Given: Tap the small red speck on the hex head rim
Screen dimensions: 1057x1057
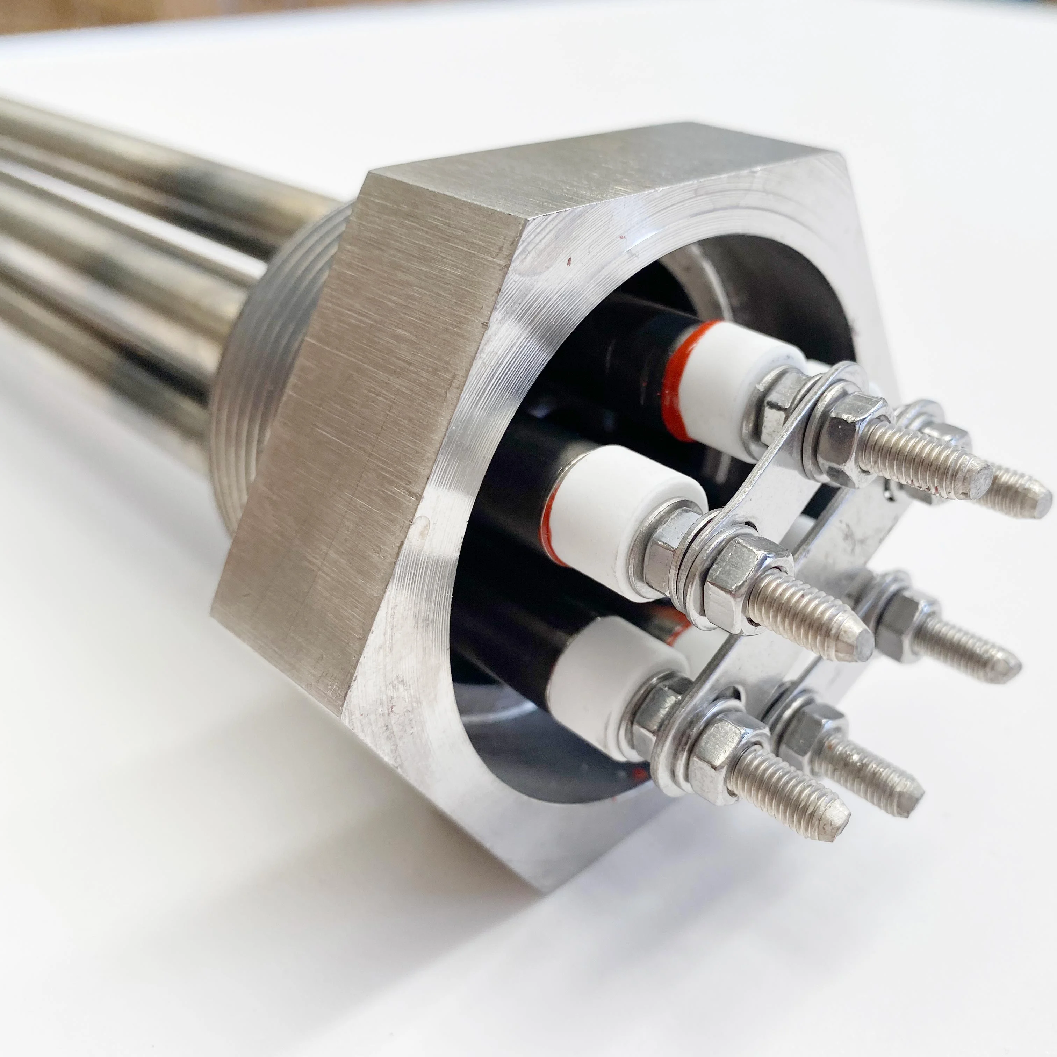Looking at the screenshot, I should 569,261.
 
